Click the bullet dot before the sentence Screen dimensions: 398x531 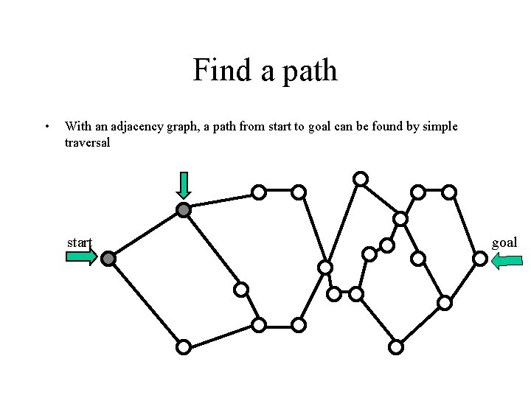47,127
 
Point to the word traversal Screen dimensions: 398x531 87,142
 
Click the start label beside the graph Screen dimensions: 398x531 80,242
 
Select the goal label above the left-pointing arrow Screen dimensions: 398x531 504,242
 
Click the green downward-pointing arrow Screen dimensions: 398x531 184,186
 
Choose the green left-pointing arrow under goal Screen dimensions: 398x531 507,260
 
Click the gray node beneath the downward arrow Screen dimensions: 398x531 184,210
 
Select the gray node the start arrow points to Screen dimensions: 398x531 108,259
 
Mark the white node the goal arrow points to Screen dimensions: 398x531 479,259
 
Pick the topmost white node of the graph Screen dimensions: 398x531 361,178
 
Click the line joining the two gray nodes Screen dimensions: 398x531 146,234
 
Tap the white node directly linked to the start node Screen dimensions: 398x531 184,346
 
